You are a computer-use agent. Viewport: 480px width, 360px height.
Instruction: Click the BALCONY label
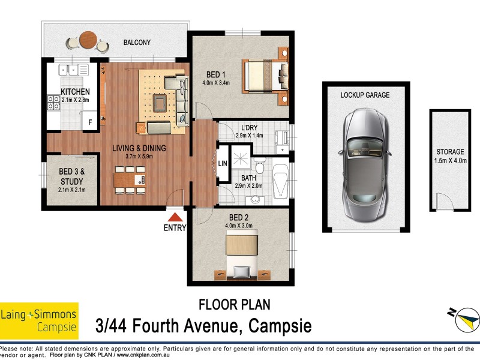click(137, 43)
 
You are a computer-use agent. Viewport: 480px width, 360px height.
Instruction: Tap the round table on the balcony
click(88, 38)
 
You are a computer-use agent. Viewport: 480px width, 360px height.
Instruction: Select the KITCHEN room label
click(75, 92)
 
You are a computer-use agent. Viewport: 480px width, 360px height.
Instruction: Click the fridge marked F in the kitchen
click(90, 122)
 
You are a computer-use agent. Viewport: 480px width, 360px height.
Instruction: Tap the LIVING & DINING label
click(139, 148)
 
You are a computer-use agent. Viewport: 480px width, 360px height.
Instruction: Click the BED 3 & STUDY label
click(71, 176)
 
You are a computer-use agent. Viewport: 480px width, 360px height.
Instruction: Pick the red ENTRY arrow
click(175, 218)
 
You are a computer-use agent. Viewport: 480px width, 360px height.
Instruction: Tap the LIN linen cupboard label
click(222, 163)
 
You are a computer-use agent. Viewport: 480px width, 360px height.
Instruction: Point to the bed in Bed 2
click(242, 255)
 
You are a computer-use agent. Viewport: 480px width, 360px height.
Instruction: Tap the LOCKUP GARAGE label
click(365, 95)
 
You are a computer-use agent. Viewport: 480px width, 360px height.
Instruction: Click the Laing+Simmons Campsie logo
click(39, 320)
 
